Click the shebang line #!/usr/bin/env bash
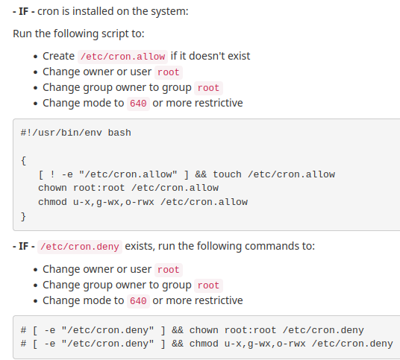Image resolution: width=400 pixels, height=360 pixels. [x=76, y=133]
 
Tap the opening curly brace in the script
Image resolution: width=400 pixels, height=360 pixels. [x=23, y=161]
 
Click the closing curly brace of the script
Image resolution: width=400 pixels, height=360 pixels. [x=23, y=217]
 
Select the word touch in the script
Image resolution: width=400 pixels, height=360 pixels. [x=227, y=174]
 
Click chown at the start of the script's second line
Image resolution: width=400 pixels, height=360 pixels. [x=52, y=188]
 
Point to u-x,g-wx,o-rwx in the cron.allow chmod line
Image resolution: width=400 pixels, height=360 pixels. [x=113, y=202]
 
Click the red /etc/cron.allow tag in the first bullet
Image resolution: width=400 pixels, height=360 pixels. [x=122, y=57]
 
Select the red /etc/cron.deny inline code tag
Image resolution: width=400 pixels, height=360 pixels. [x=80, y=247]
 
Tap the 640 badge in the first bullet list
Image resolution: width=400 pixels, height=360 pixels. [x=138, y=104]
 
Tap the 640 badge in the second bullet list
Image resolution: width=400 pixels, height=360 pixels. [x=138, y=301]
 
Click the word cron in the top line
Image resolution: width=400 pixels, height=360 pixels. [x=49, y=11]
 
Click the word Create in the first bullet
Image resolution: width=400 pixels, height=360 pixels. [x=59, y=56]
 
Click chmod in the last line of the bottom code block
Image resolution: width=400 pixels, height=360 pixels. [x=204, y=344]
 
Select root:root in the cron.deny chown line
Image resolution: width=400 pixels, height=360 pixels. [x=250, y=330]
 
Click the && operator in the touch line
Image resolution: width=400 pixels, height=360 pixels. [x=201, y=174]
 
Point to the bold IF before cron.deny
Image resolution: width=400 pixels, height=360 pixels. [x=23, y=246]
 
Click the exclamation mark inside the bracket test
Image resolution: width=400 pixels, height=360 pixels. [x=52, y=174]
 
